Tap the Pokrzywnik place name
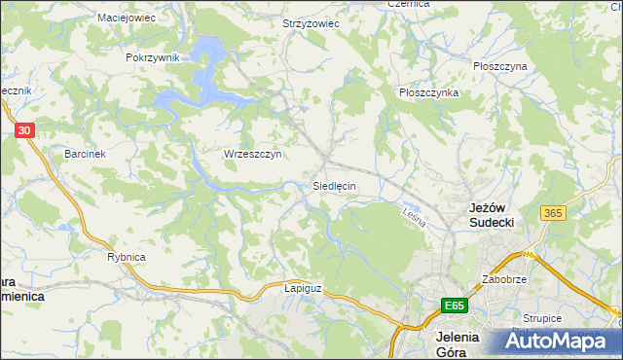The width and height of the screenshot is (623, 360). (153, 57)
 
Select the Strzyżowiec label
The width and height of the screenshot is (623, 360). (311, 23)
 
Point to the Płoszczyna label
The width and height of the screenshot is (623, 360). (499, 66)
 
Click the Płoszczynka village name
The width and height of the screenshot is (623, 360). (428, 92)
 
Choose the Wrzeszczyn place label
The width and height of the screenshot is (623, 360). (252, 154)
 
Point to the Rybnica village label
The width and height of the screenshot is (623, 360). (127, 257)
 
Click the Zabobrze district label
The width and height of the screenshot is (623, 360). (504, 279)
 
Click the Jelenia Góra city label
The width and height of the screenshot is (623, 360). (455, 344)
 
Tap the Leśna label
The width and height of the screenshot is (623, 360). (415, 216)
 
